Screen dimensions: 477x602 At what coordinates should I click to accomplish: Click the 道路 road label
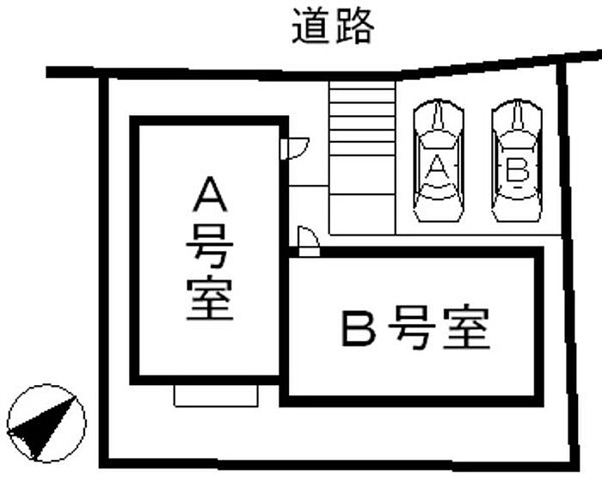tap(333, 27)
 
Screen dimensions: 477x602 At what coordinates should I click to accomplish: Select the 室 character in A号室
tap(210, 299)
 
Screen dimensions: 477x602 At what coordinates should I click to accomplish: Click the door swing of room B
tap(307, 238)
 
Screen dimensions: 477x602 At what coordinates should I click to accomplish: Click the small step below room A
tap(216, 394)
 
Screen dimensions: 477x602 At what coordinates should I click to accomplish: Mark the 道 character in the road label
tap(311, 27)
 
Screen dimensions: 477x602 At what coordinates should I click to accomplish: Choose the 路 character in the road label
tap(354, 27)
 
